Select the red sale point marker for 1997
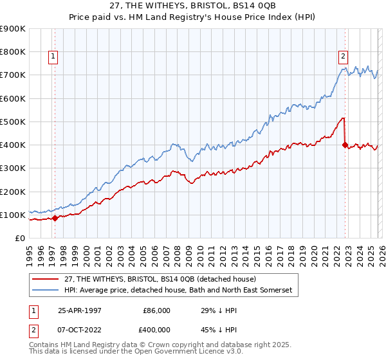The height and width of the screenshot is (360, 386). (55, 218)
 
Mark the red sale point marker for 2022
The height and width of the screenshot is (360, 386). (345, 145)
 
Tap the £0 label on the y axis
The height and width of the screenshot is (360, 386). (19, 239)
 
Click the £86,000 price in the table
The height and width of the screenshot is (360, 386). (156, 310)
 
